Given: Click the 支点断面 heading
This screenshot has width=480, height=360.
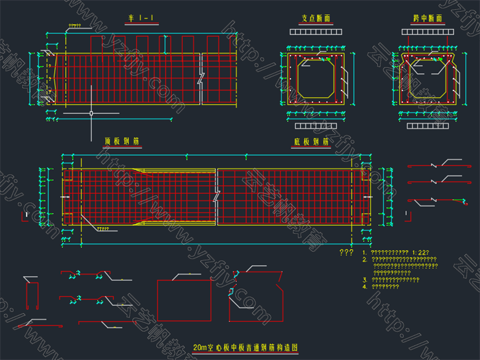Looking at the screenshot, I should point(316,18).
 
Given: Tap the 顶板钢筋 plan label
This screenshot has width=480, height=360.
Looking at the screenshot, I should point(122,142).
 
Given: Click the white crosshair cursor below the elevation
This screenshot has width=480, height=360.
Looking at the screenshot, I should point(91,113).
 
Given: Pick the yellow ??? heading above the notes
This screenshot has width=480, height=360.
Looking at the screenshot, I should point(346,252).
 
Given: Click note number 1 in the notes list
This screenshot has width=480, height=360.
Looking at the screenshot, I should point(365,252).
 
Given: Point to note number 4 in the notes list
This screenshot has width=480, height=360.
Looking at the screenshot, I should point(365,286).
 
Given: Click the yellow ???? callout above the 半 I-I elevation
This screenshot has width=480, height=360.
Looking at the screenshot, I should point(74,26).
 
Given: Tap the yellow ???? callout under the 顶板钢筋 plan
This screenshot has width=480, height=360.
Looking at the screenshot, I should point(102,229).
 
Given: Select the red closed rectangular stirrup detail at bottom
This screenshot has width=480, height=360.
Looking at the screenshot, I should point(185,300).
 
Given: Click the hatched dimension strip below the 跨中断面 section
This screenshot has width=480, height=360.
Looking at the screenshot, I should point(429,126).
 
